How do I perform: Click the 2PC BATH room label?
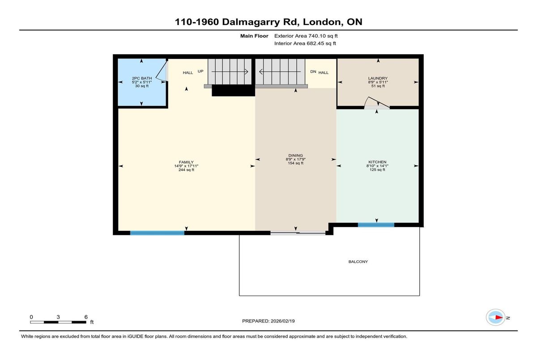tap(142, 78)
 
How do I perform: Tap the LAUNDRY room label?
tap(378, 78)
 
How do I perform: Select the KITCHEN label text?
tap(377, 162)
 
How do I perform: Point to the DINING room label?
tap(296, 156)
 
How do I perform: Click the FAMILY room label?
tap(186, 162)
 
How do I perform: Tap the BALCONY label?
tap(358, 262)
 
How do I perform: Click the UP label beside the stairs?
tap(200, 71)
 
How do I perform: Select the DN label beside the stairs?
tap(313, 72)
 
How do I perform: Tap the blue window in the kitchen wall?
tap(376, 224)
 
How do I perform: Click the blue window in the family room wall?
tap(157, 233)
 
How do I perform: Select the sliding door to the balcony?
tap(298, 233)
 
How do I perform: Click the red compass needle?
tap(499, 318)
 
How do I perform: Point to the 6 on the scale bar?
tap(86, 317)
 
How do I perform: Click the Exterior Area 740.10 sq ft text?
tap(306, 36)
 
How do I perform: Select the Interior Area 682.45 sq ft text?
tap(305, 43)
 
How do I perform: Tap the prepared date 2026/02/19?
tap(283, 321)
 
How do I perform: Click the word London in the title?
tap(322, 22)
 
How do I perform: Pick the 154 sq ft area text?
tap(296, 163)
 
